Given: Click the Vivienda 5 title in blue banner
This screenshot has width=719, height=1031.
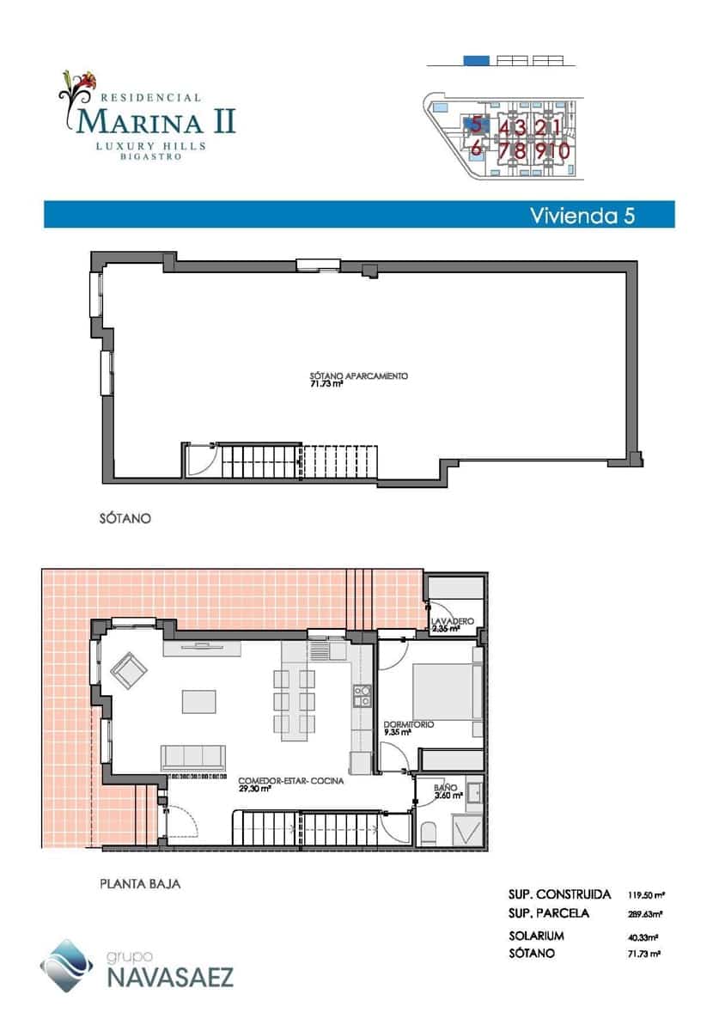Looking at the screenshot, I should [582, 215].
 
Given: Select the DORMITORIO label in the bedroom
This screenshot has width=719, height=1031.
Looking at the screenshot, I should [408, 725].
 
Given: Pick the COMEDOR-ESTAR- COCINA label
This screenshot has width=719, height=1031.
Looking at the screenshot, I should [292, 781].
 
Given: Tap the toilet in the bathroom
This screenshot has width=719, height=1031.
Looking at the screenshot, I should [430, 833].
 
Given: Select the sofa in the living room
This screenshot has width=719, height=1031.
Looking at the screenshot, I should [192, 757].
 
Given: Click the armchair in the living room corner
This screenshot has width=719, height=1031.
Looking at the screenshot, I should [127, 670].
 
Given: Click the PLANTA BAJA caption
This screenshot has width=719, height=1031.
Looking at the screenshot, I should [140, 882].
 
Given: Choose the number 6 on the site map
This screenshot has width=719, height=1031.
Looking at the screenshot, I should [476, 147].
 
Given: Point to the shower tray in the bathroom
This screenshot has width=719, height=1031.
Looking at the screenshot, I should [468, 833].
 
